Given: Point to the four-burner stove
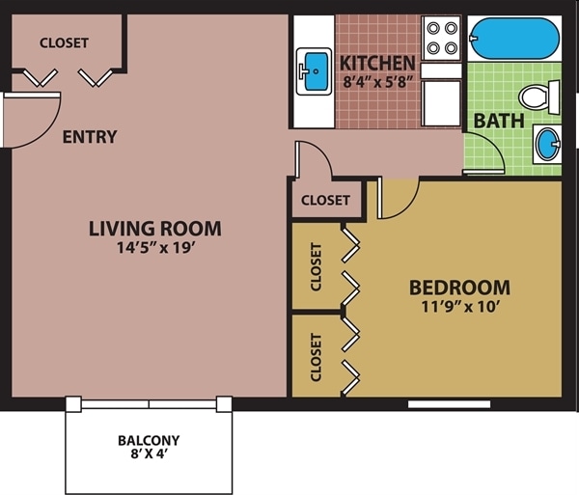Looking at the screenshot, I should coord(443,38).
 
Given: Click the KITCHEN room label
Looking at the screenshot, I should coord(377,64).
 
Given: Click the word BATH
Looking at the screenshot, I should coord(498,122).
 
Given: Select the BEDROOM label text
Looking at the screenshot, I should coord(459,288).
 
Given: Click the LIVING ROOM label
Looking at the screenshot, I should coord(154,229).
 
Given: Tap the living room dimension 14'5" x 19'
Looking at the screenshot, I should coord(154,249).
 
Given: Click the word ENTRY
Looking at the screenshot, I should coord(89,137).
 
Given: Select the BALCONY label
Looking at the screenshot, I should coord(149,441).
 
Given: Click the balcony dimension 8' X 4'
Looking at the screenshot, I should coord(149,456).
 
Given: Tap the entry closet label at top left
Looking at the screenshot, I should coord(64,43).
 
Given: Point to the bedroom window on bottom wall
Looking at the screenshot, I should coord(449,403).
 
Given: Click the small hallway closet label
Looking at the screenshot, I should coord(325,201).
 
